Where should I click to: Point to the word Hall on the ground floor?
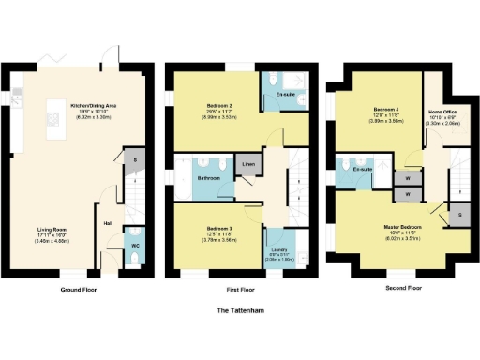108,223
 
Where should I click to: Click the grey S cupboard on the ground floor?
135,160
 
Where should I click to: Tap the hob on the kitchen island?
18,93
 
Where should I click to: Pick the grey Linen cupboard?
248,165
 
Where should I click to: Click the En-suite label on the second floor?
363,170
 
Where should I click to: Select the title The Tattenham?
239,308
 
